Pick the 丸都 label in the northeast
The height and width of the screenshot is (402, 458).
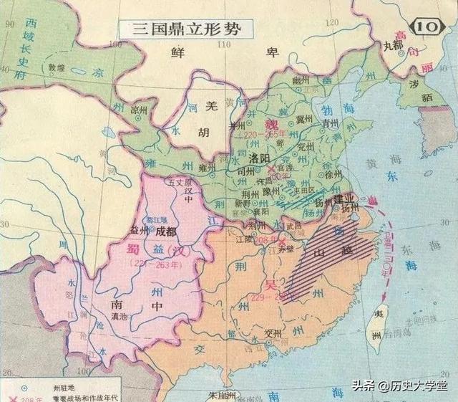point(393,44)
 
